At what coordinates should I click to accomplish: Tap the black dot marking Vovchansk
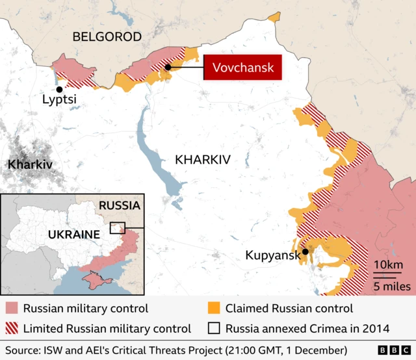168,67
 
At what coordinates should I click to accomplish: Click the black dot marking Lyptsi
59,90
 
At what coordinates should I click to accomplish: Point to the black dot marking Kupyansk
305,252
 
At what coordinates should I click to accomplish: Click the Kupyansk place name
273,255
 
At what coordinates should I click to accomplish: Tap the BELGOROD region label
107,37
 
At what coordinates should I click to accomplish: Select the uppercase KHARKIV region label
203,159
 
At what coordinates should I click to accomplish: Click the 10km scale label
389,265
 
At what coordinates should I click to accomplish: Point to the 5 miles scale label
391,285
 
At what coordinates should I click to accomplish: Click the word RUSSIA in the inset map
119,205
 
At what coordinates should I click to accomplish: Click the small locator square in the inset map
118,227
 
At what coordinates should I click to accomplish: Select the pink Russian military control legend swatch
12,308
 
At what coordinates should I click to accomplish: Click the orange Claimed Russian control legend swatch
213,308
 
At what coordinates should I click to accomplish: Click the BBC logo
391,350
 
